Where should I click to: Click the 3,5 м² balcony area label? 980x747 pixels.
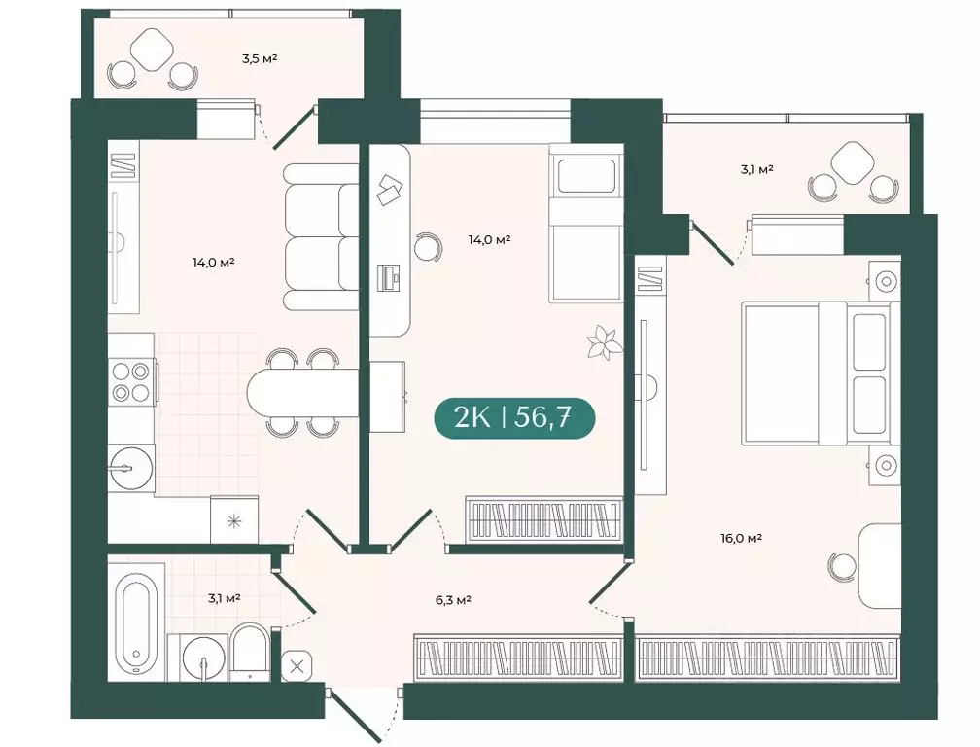pos(260,59)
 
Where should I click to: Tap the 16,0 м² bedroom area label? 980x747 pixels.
pos(741,538)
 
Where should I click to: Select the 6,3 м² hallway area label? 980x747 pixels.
pos(453,600)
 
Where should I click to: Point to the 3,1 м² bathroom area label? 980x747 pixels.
pos(224,598)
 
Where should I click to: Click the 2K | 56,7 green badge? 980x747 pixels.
pos(513,417)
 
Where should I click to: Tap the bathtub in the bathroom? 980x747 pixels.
pos(136,622)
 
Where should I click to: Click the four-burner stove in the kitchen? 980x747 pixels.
pos(131,381)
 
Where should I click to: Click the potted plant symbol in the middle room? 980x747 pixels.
pos(603,343)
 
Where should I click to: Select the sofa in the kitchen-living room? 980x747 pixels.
pos(321,236)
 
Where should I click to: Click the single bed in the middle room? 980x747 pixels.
pos(585,224)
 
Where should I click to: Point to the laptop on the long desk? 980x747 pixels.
pos(389,278)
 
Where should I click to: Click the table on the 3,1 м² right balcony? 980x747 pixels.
pos(853,162)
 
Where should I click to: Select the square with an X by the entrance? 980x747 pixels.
pos(297,666)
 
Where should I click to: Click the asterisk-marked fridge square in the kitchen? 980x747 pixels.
pos(234,519)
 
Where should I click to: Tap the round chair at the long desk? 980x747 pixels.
pos(429,246)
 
